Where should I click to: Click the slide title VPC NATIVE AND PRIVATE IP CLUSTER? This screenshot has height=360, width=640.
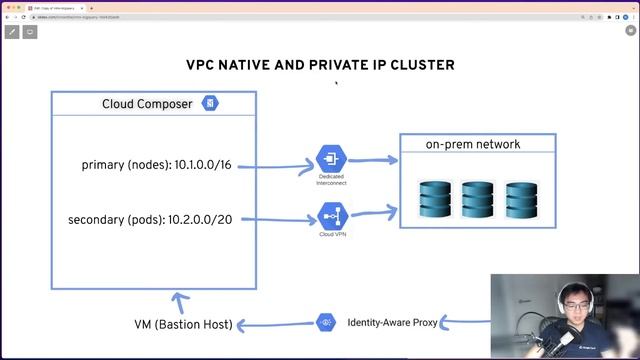click(320, 65)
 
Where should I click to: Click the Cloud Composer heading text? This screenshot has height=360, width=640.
click(147, 104)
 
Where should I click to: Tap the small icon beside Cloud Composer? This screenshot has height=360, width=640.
click(210, 104)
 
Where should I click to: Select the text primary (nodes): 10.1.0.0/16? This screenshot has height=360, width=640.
click(156, 164)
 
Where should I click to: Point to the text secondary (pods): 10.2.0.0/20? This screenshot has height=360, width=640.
click(150, 219)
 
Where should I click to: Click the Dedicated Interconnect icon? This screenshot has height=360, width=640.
click(331, 158)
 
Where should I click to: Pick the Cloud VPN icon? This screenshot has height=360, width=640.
click(331, 215)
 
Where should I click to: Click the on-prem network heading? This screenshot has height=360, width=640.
click(473, 144)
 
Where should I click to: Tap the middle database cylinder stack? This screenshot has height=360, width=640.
click(478, 200)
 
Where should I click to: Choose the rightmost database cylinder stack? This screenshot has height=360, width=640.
click(521, 200)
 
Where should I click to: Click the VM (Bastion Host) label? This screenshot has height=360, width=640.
click(183, 324)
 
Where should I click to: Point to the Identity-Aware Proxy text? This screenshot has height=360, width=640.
click(392, 323)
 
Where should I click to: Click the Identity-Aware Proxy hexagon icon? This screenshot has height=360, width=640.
click(325, 322)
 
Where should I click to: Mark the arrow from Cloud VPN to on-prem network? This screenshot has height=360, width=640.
click(372, 211)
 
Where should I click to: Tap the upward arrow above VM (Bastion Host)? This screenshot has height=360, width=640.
click(178, 301)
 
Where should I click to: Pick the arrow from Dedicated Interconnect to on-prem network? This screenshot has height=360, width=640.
click(371, 158)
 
